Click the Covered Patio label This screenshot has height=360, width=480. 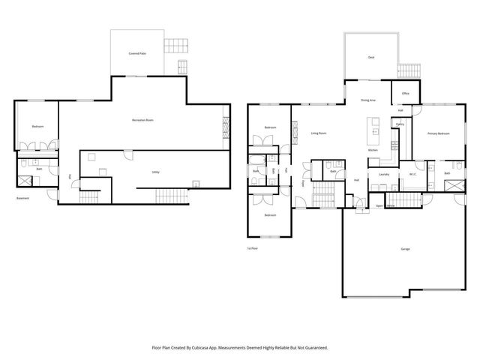click(136, 54)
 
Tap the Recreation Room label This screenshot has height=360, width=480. click(142, 120)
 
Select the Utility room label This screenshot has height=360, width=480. click(155, 172)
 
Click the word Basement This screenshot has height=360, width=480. click(24, 198)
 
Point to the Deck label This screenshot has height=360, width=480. click(370, 57)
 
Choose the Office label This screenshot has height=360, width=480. click(405, 93)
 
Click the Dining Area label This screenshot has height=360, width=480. click(367, 100)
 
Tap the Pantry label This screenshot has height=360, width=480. click(400, 124)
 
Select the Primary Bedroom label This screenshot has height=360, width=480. click(438, 133)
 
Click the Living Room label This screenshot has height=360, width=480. click(318, 133)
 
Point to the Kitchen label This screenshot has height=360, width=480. click(373, 151)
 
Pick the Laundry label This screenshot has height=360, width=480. click(383, 174)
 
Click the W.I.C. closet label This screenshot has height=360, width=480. click(412, 174)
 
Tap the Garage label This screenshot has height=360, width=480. click(405, 248)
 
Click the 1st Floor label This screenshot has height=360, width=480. click(253, 248)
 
